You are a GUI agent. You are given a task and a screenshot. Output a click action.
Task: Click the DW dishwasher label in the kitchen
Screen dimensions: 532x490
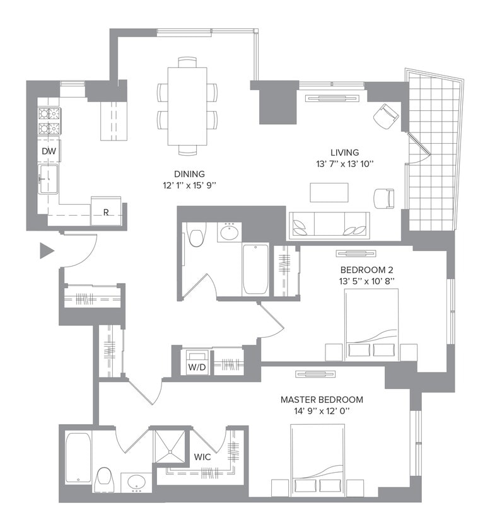[x=49, y=151]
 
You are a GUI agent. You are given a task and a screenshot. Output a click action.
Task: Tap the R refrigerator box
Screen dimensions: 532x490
[x=105, y=212]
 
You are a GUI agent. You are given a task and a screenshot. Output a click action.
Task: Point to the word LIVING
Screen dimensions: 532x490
[x=344, y=153]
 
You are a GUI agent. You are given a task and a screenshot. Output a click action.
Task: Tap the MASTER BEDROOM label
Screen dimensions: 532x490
[x=322, y=400]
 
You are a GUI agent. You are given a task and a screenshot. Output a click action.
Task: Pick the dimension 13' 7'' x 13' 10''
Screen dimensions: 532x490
[x=344, y=164]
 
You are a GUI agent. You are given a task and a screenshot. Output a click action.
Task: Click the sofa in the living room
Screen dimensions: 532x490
[x=329, y=223]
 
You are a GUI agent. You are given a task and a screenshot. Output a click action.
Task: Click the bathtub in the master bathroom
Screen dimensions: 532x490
[x=78, y=458]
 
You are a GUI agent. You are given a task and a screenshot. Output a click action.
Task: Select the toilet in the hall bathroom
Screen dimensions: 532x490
[x=196, y=236]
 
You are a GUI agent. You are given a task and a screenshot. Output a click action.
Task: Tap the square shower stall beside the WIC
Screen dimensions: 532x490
[x=172, y=447]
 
